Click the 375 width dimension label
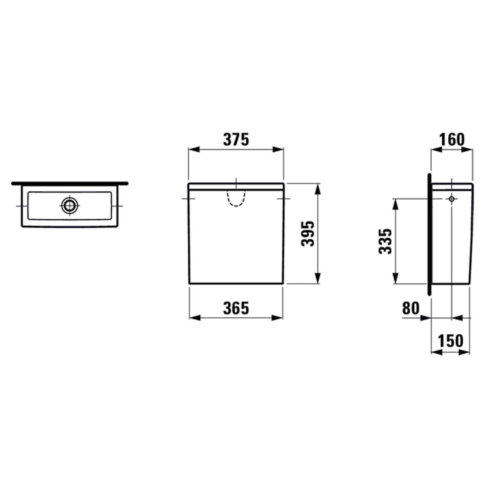tap(236, 139)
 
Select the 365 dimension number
tap(236, 308)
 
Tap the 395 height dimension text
tap(308, 234)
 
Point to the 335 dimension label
tap(385, 241)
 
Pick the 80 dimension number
tap(411, 308)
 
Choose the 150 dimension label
tap(451, 341)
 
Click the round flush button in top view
tap(69, 206)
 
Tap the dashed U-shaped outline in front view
tap(236, 199)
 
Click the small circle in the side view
tap(451, 199)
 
